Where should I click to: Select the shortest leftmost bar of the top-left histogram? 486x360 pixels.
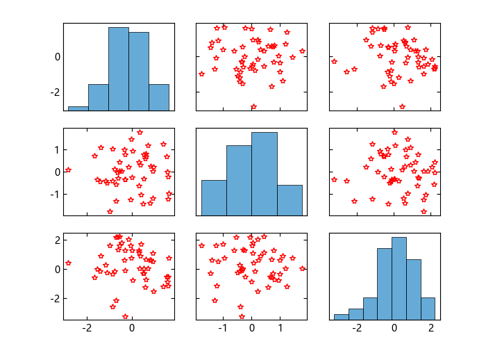point(78,108)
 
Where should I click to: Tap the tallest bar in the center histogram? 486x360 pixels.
point(264,174)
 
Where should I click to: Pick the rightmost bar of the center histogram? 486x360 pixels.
point(290,200)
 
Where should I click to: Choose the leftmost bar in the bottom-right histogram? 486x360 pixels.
point(341,317)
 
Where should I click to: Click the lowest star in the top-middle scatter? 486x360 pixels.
point(253,106)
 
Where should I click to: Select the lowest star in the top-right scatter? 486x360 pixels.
point(402,106)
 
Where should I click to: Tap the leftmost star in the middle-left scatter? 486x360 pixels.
point(68,170)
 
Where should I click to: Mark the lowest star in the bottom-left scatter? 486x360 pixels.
point(126,316)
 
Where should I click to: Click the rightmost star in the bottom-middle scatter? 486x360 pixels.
point(303,268)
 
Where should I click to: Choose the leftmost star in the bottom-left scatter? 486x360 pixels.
point(68,263)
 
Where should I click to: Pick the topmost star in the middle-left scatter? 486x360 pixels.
point(140,132)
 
